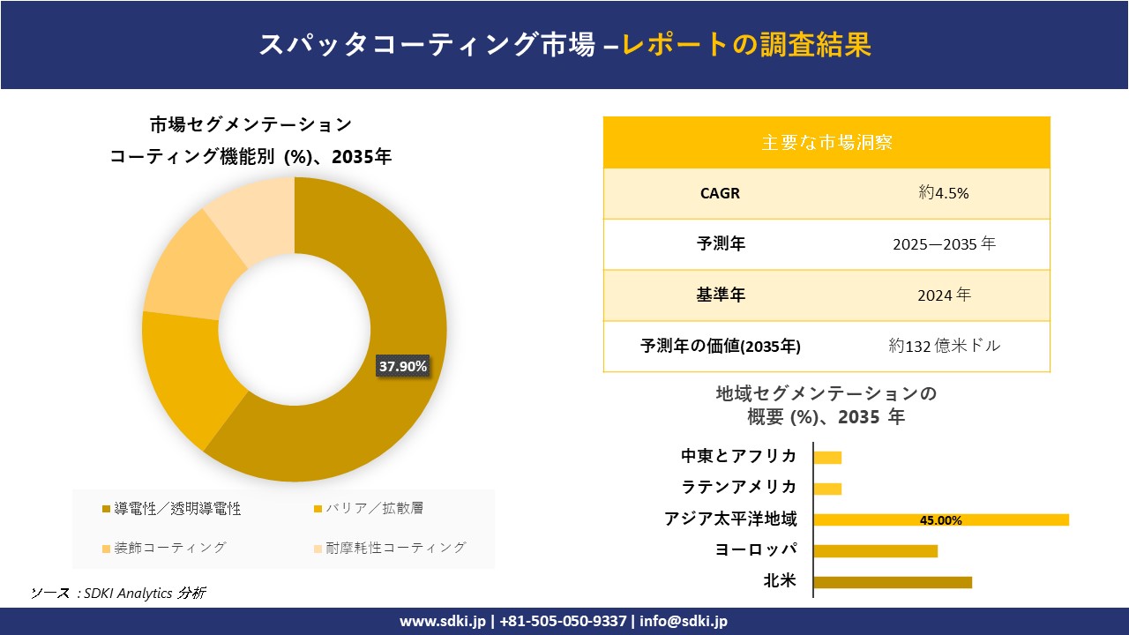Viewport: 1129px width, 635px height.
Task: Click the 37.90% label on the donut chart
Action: [403, 366]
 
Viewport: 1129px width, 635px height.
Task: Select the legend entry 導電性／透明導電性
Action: [171, 509]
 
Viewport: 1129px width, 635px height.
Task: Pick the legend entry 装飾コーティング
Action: [163, 548]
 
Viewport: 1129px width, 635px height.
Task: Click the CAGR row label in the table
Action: [721, 194]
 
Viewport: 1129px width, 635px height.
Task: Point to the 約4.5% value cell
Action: [943, 194]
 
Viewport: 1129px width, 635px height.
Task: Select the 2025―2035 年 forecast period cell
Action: [943, 244]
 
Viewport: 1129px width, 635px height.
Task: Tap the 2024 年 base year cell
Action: [943, 295]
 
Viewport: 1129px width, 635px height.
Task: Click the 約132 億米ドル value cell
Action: [944, 347]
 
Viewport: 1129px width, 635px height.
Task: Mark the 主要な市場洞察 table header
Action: [826, 142]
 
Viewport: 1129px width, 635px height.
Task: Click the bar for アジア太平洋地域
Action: [940, 519]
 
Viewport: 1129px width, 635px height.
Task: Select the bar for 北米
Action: [892, 582]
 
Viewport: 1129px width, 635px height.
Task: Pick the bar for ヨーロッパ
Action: [875, 551]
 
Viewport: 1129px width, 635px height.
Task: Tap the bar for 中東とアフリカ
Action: [827, 457]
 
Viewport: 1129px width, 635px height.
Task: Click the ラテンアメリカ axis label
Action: [739, 487]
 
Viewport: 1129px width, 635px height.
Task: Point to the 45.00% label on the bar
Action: [940, 520]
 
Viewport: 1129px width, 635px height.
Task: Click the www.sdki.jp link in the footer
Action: [443, 621]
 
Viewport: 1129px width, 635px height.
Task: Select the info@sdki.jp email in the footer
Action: [684, 621]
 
